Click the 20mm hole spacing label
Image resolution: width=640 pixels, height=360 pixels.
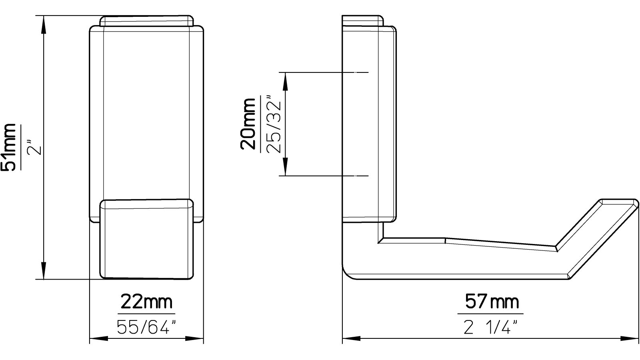coord(249,124)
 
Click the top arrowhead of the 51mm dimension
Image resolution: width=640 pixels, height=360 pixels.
coord(43,24)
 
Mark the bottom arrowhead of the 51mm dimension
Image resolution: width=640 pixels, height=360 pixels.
coord(43,271)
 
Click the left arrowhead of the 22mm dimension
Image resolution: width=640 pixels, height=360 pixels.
coord(98,339)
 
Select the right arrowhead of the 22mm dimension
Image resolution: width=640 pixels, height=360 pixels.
coord(195,339)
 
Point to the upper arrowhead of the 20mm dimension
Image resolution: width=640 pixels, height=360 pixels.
coord(286,82)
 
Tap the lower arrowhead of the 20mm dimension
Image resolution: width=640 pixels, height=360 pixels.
coord(286,167)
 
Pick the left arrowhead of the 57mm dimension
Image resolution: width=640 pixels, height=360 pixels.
coord(352,339)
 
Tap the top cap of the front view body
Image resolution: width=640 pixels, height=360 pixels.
coord(146,21)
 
